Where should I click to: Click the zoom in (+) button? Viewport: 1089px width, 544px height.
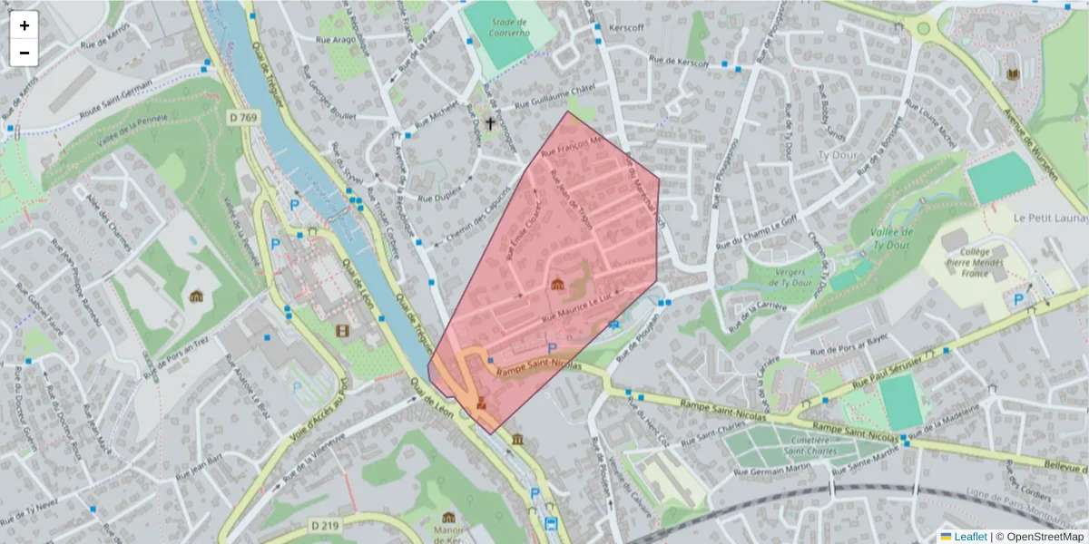25,25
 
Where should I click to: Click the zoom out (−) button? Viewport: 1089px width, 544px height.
25,53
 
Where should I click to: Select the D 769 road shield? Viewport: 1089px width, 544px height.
244,118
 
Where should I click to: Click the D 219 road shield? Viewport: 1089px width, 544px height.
324,525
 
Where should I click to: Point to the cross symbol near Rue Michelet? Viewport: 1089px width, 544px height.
491,122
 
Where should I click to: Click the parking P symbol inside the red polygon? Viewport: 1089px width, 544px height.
550,348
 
